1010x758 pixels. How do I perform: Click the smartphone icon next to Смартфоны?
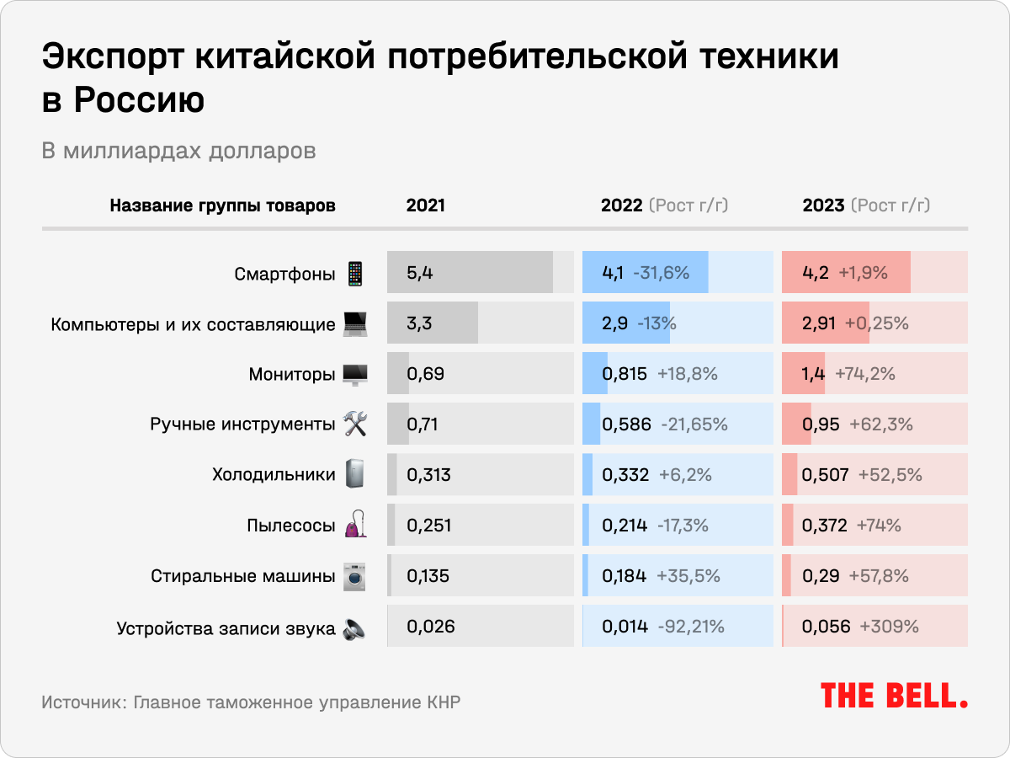355,273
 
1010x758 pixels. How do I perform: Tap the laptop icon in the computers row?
354,323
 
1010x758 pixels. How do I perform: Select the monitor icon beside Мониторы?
354,374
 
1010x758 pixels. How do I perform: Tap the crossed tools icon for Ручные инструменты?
354,424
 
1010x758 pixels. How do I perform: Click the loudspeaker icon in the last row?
354,628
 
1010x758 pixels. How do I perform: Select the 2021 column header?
426,206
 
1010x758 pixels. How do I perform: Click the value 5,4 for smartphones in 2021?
419,273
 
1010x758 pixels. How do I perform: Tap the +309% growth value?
889,627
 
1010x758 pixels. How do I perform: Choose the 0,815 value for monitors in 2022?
625,374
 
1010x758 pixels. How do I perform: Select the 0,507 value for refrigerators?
826,475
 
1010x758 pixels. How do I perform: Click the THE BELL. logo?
894,695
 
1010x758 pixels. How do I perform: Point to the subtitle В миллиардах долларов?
179,152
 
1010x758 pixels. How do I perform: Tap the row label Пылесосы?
291,526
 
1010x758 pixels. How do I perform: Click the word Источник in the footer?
81,702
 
